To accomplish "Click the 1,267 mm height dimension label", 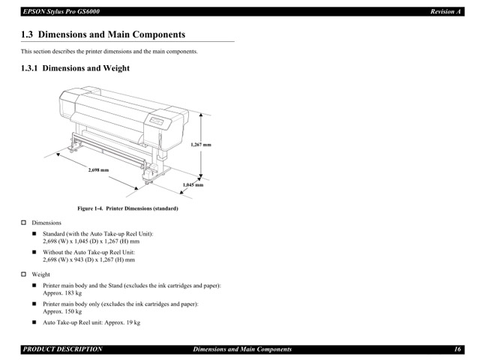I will coord(202,144).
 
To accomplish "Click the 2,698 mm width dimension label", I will coord(99,171).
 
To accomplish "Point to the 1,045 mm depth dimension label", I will coord(193,184).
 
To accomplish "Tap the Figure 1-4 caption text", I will coord(127,208).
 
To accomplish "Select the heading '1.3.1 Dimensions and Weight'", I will coord(75,68).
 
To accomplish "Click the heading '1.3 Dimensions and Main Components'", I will coord(103,35).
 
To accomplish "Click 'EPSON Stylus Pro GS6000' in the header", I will coord(61,12).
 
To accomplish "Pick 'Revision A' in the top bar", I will coord(445,12).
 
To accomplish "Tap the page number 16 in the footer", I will coord(457,349).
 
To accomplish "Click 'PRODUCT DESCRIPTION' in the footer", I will coord(62,349).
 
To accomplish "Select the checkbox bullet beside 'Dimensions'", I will coord(23,223).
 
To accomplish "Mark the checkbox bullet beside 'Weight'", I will coord(23,275).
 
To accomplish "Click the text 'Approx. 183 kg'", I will coord(62,293).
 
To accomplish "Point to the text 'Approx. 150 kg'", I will coord(62,311).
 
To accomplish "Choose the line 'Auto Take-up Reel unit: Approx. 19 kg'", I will coord(91,322).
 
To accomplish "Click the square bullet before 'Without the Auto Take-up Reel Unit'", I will coord(34,253).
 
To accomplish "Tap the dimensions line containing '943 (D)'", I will coord(88,260).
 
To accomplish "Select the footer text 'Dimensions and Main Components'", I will coord(242,349).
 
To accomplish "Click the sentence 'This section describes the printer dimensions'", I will coord(109,52).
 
